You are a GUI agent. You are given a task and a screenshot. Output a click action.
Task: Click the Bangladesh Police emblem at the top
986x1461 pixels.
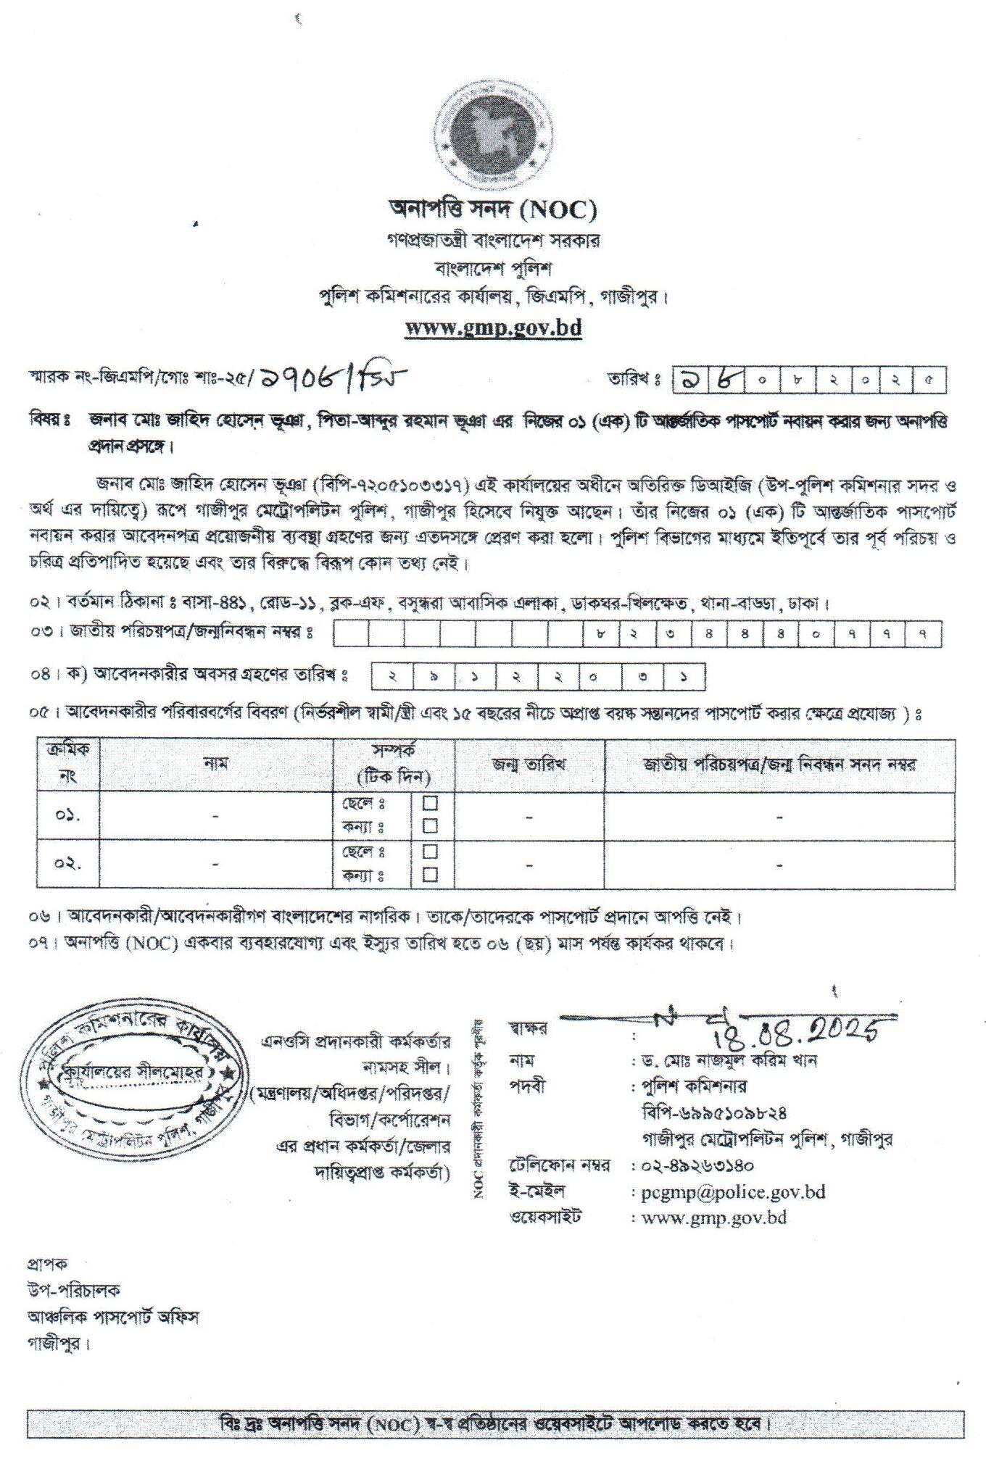click(x=493, y=136)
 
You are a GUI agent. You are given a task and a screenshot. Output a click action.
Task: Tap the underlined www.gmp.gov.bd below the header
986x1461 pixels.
click(x=493, y=328)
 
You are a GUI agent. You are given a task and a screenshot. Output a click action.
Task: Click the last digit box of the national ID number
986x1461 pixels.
click(x=924, y=635)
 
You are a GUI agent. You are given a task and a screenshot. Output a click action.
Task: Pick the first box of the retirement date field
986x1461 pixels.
click(x=391, y=678)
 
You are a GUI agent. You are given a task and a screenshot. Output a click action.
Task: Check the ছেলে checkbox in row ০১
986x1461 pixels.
click(x=430, y=804)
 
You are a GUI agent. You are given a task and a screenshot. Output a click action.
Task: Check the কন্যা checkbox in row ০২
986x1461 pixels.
click(x=430, y=874)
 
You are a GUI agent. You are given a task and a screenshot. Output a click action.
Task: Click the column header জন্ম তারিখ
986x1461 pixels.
click(x=529, y=764)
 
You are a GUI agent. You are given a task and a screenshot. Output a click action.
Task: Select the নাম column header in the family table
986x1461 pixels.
click(x=216, y=764)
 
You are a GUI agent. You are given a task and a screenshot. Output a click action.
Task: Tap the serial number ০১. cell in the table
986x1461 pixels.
click(x=67, y=815)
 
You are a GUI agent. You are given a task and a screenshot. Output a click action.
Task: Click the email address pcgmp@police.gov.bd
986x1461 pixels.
click(x=728, y=1191)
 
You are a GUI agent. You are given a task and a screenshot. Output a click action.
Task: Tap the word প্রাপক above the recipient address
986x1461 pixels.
click(x=48, y=1264)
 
